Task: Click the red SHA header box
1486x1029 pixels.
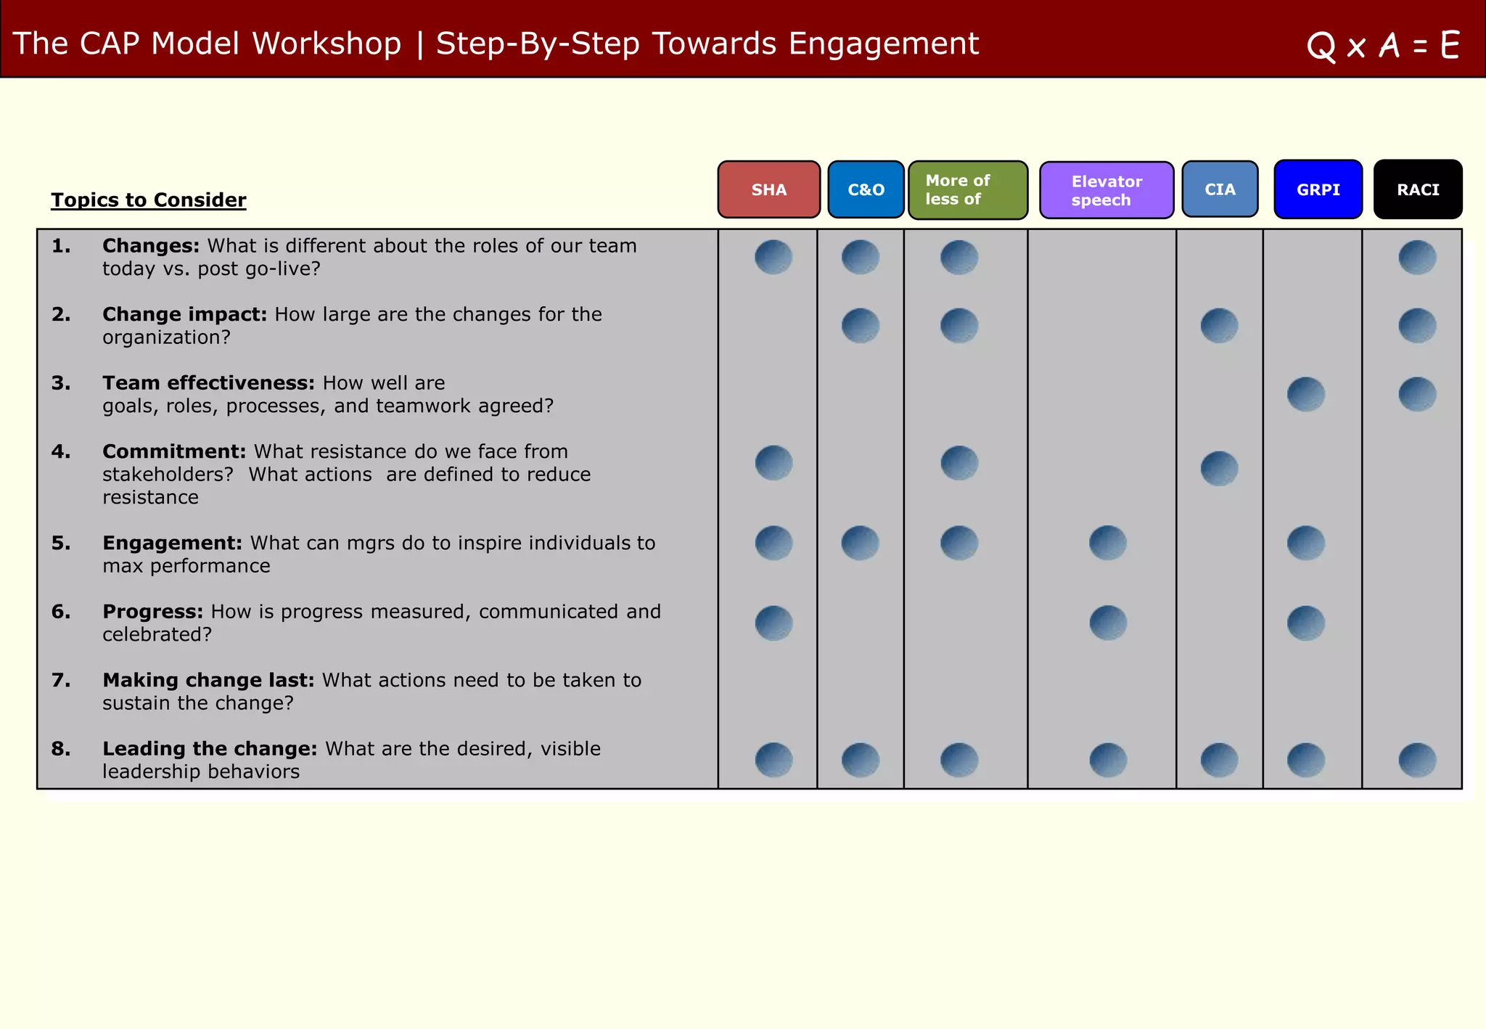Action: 768,189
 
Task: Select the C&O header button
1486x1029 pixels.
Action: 866,189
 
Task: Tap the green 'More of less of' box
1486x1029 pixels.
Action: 967,190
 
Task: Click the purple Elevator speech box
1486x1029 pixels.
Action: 1106,190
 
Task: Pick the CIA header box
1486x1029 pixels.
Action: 1220,189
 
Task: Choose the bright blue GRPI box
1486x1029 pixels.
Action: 1318,189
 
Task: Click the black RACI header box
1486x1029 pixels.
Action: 1418,189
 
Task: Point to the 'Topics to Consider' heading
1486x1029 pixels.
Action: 149,200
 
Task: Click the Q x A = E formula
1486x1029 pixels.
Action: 1383,46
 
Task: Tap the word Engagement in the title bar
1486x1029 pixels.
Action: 883,44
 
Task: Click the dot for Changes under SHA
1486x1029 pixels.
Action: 773,257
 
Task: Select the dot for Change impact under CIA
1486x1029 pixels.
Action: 1219,326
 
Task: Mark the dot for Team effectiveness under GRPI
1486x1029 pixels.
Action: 1306,394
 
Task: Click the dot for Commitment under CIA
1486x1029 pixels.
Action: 1219,468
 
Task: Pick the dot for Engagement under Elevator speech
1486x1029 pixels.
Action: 1108,543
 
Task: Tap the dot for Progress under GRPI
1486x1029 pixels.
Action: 1306,623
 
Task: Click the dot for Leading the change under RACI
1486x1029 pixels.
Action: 1417,760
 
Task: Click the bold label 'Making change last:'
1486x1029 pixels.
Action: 208,680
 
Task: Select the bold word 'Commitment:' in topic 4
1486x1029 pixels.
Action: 174,451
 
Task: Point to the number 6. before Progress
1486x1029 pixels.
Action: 61,612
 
